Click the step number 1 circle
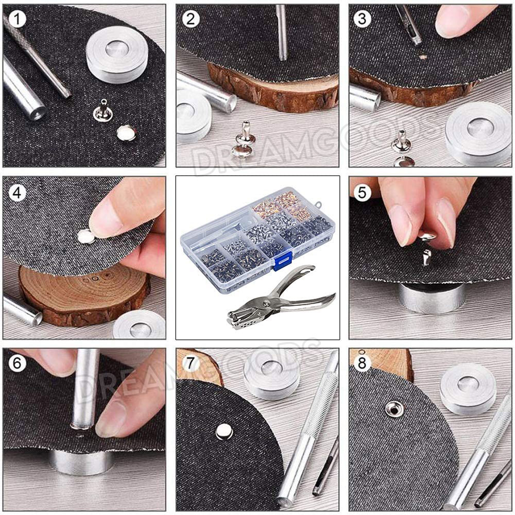[x=17, y=19]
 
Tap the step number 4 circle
[x=17, y=192]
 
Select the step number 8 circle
[x=362, y=363]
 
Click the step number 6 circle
[x=17, y=363]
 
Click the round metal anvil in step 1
[x=117, y=54]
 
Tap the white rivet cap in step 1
[x=126, y=133]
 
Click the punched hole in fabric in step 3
[x=423, y=57]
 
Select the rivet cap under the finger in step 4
[x=85, y=236]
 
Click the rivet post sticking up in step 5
[x=426, y=257]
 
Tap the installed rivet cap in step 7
[x=225, y=432]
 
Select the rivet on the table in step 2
[x=243, y=140]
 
